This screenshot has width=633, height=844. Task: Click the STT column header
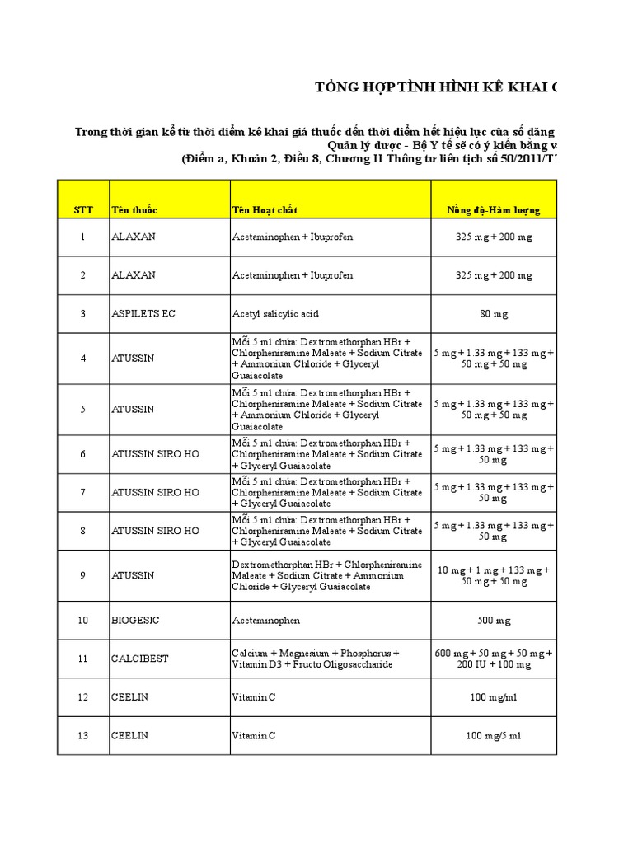click(82, 210)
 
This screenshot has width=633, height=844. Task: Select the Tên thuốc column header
click(134, 210)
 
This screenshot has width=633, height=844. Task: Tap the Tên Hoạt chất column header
click(265, 210)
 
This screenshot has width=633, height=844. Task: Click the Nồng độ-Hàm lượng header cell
click(494, 210)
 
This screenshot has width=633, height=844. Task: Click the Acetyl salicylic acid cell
click(275, 314)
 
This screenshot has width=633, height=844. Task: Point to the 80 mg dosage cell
click(494, 314)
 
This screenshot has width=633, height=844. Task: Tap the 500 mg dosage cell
click(494, 620)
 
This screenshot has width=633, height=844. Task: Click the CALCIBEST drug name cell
click(139, 659)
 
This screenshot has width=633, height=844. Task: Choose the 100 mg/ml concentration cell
click(494, 697)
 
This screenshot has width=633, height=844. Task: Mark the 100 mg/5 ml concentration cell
click(494, 735)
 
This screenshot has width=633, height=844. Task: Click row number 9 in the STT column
click(82, 575)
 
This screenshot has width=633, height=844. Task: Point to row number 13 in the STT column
click(82, 735)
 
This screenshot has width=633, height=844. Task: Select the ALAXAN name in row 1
click(134, 237)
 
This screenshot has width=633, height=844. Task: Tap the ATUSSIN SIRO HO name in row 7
click(155, 492)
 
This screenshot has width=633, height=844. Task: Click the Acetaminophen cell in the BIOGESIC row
click(266, 620)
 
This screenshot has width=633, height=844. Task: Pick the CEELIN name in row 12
click(130, 697)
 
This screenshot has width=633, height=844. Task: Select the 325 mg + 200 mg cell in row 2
click(494, 275)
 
